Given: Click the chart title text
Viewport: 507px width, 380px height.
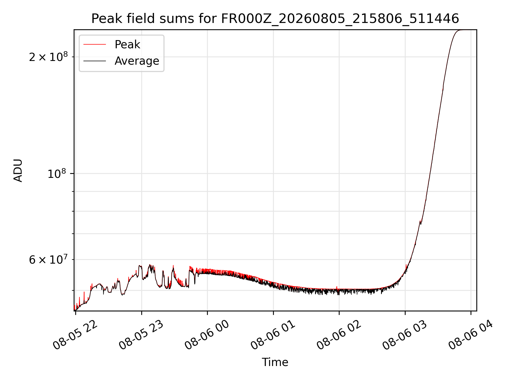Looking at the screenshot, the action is pos(275,19).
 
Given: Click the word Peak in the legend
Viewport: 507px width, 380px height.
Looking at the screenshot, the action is pos(127,45).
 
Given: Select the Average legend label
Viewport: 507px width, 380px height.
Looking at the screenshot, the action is pos(137,61).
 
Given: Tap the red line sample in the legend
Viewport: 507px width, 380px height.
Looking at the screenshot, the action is pos(95,45).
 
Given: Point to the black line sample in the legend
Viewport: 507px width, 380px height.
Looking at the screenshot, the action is pos(95,61).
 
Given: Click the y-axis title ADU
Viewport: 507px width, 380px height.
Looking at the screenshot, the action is pos(18,170).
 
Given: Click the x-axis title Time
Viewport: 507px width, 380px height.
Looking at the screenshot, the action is pos(275,362).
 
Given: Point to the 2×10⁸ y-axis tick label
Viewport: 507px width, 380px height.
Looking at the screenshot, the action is pos(48,57).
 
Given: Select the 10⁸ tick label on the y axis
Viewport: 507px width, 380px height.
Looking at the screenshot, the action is pos(58,174).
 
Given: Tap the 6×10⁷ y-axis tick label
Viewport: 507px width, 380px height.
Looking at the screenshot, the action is pos(48,260).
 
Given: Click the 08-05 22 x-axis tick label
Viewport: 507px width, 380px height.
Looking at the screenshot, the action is pos(75,335).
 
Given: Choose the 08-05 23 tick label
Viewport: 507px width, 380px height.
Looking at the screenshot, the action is pos(141,335).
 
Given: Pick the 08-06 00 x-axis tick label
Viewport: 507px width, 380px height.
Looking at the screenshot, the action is pos(207,335).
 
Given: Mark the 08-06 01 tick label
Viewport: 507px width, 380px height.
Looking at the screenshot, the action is pos(273,335).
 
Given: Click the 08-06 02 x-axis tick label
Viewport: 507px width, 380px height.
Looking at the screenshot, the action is pos(339,335).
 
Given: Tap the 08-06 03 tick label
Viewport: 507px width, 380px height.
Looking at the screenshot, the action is pos(405,335).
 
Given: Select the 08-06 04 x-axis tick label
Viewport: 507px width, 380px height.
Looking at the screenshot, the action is pos(471,335).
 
